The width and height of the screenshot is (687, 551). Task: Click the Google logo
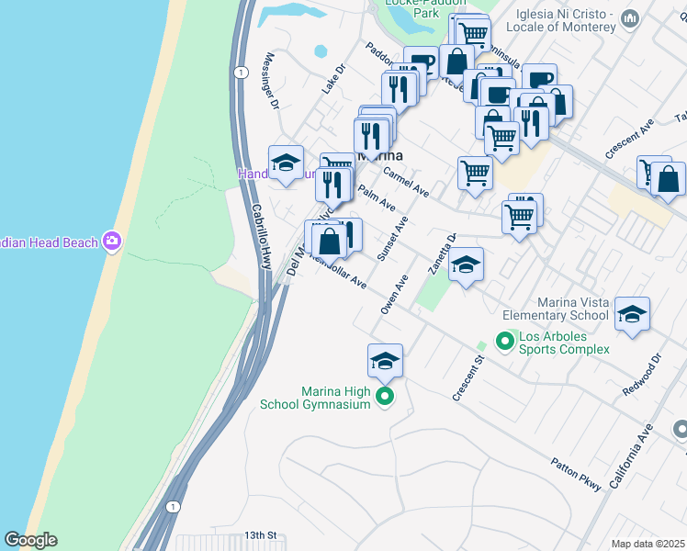30,540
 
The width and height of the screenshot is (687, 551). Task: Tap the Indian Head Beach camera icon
113,242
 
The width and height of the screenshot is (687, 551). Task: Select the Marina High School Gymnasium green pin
386,397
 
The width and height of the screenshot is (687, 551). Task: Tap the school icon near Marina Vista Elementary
631,314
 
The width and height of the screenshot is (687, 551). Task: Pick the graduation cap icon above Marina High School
386,361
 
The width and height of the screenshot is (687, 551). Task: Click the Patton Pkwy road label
577,476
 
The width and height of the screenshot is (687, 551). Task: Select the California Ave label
647,455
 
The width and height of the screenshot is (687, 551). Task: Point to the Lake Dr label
332,79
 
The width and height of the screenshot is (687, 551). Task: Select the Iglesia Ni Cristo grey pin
630,18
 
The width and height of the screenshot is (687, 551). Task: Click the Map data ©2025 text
648,544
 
